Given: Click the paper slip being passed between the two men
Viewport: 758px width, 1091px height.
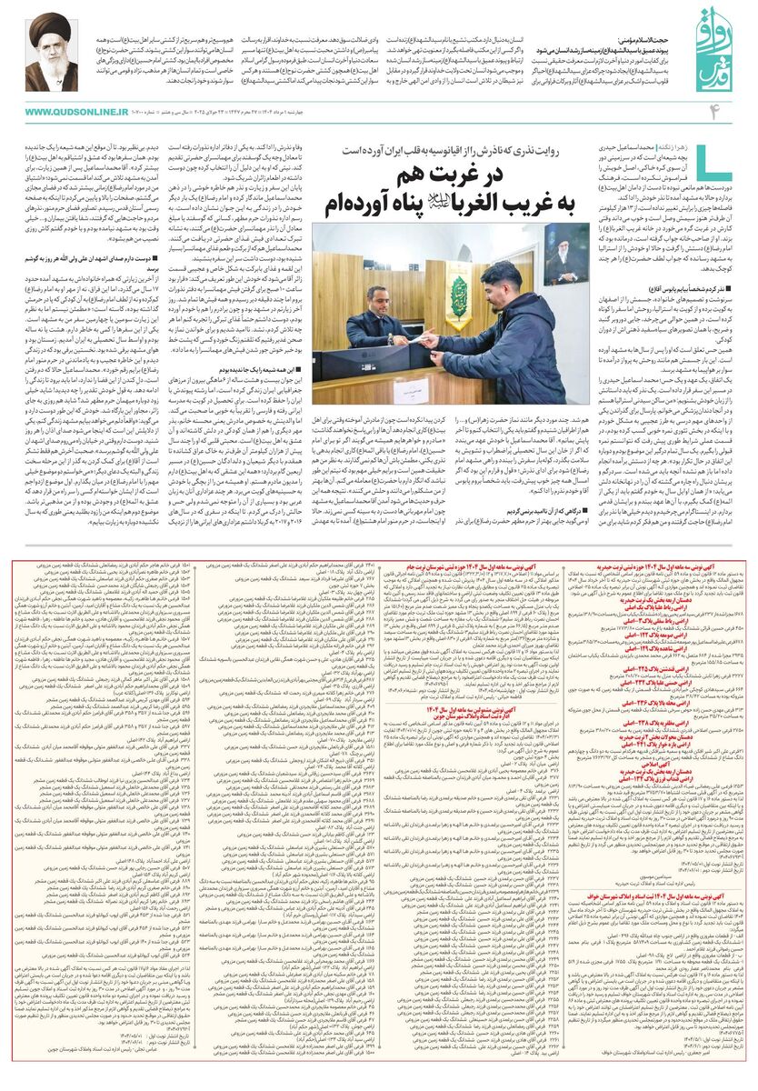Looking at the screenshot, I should tap(424, 334).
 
